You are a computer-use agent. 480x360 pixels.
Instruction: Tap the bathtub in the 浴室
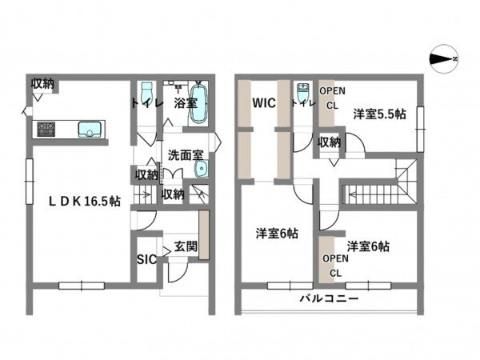click(198, 103)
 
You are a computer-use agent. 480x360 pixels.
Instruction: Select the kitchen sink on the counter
click(89, 129)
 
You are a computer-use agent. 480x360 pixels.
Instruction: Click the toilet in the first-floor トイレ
click(146, 92)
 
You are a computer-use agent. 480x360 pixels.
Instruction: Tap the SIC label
click(146, 259)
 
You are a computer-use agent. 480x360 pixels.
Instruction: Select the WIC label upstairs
click(264, 104)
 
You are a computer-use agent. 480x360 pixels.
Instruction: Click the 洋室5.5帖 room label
click(379, 114)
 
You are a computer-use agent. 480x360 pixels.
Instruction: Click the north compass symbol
click(442, 58)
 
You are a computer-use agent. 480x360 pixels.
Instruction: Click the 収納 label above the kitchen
click(43, 84)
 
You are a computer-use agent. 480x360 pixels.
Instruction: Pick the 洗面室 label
click(185, 154)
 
